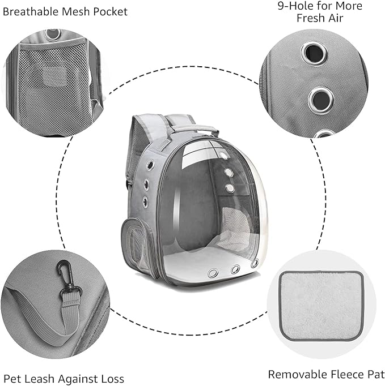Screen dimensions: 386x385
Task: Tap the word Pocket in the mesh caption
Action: click(x=111, y=11)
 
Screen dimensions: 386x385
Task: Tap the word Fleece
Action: click(x=341, y=374)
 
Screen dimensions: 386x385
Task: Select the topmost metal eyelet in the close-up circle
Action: click(x=313, y=53)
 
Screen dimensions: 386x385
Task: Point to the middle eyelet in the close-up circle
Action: click(x=321, y=100)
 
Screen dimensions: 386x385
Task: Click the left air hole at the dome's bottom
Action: click(x=213, y=273)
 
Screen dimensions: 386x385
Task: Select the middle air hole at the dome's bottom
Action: click(x=235, y=269)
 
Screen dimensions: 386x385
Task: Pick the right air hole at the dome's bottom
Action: click(x=254, y=263)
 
